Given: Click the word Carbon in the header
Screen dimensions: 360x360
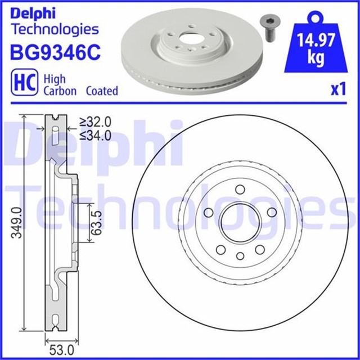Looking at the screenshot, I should (60, 91).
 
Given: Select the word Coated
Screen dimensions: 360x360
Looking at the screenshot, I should (102, 91).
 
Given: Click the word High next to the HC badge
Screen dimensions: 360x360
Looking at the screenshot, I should (55, 79).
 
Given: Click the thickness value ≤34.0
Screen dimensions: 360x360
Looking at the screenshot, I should (95, 135).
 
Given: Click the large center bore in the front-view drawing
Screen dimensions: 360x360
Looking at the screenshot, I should (240, 223).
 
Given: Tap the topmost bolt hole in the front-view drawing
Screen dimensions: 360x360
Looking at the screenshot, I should (240, 190).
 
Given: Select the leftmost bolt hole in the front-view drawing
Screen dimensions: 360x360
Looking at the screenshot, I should (208, 212).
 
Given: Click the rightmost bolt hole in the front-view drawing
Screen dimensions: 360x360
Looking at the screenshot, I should (272, 212).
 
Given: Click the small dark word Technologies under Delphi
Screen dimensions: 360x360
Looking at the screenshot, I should (55, 29).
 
